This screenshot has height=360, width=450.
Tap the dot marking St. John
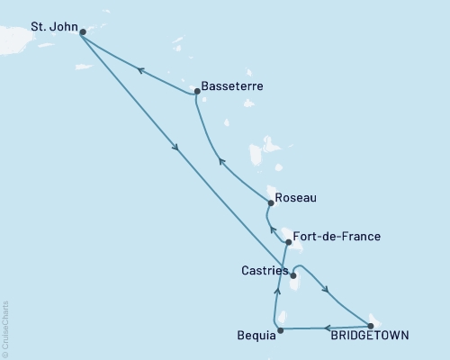[83, 32]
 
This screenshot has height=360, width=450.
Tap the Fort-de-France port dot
[288, 242]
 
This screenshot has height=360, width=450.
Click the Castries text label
[265, 270]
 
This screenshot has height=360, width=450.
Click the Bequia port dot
[280, 329]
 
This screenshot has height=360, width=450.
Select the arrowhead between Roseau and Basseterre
[222, 161]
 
